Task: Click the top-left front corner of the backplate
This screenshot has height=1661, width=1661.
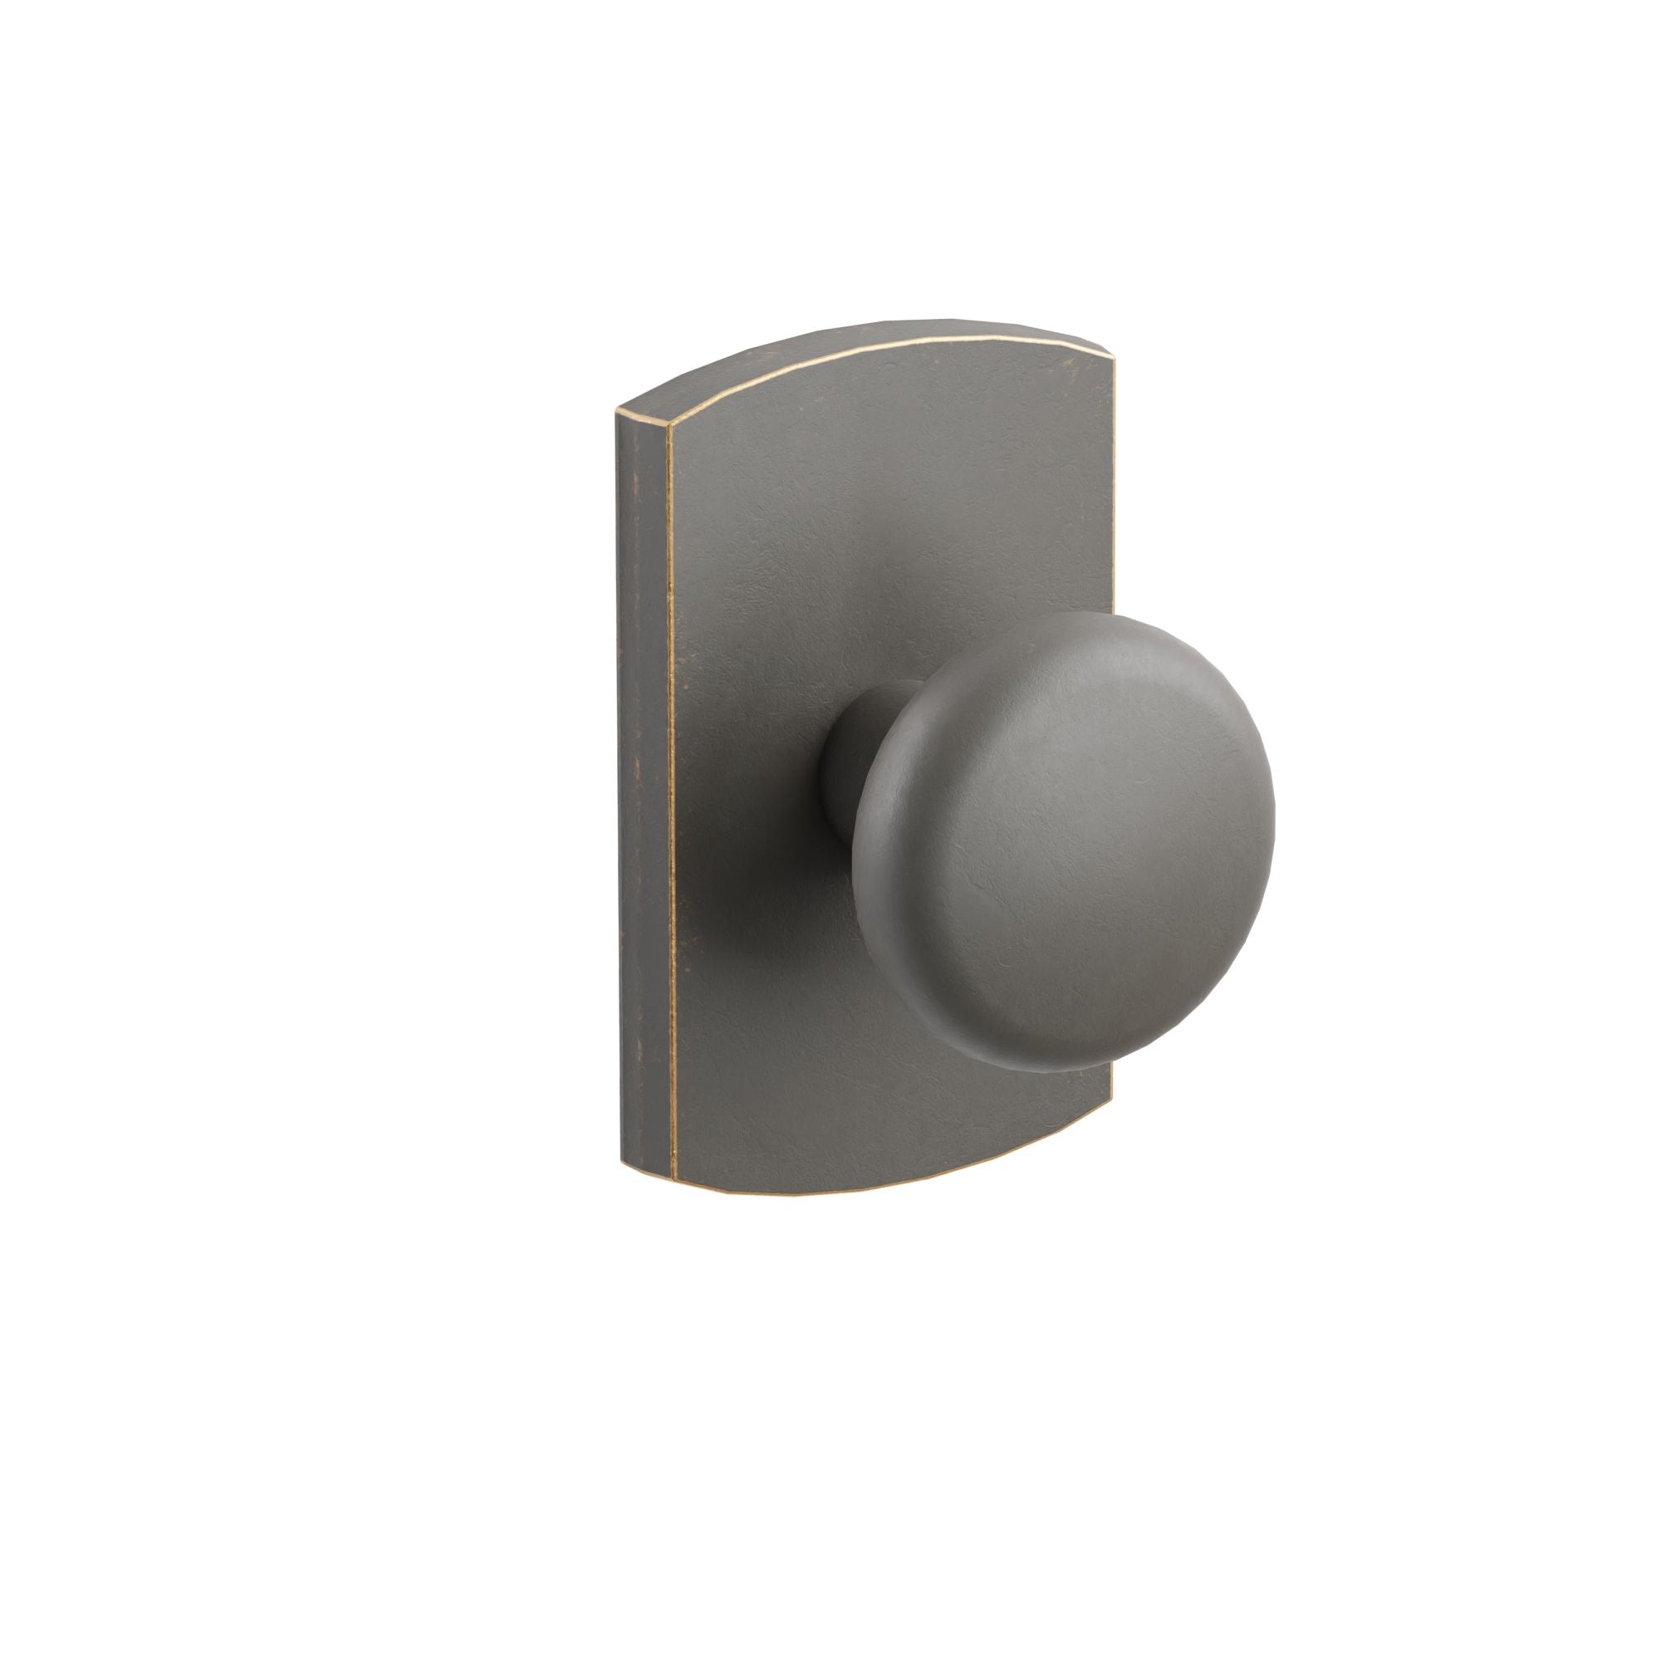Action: pos(667,427)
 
